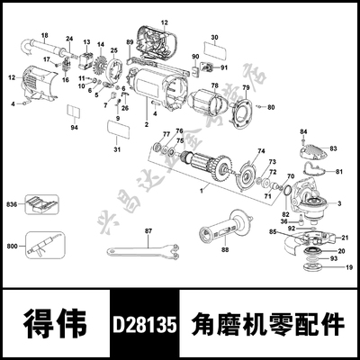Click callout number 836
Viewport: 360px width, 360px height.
12,204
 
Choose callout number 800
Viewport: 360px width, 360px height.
12,245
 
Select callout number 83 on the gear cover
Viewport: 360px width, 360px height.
332,147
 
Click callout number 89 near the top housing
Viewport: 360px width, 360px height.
130,42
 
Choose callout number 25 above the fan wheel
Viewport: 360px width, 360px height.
113,51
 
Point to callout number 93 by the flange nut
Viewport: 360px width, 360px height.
334,258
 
